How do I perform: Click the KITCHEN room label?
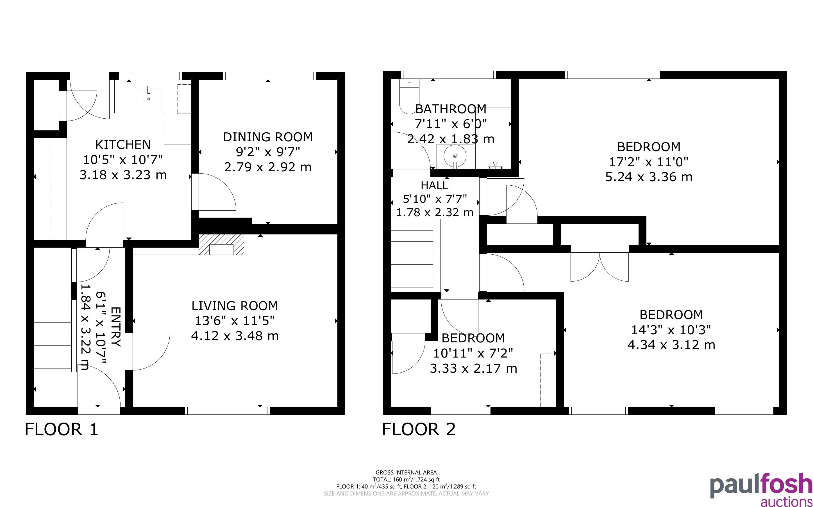point(123,144)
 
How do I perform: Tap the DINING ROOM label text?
point(268,137)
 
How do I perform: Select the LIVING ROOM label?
point(235,306)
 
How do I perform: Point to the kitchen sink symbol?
point(149,99)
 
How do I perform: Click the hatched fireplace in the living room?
point(221,245)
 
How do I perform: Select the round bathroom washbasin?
point(455,156)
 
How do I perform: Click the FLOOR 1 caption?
point(62,430)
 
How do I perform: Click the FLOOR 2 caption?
point(419,430)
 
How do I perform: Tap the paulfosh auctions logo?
point(761,490)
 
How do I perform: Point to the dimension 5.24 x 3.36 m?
point(649,177)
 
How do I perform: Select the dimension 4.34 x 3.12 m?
point(671,345)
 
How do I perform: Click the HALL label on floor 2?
point(435,185)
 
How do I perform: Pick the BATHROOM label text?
point(451,109)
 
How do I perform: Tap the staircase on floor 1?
point(53,334)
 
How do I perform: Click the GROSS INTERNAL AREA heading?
point(406,473)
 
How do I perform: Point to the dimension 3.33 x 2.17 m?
point(473,368)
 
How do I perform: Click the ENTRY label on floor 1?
point(115,327)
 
